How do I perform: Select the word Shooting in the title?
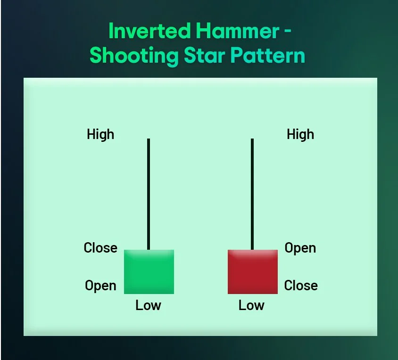(x=134, y=56)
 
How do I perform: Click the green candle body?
(x=149, y=272)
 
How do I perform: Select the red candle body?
(x=253, y=272)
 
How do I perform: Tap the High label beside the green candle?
(x=100, y=135)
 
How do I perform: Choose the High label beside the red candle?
(x=300, y=135)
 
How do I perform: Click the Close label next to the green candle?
(x=100, y=248)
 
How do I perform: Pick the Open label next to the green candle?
(x=100, y=286)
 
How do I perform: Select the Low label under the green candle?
(x=148, y=305)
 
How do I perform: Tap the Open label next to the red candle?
(x=300, y=248)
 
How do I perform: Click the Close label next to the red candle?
(x=301, y=286)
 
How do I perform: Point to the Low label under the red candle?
(x=251, y=305)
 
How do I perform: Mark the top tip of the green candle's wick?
(x=149, y=139)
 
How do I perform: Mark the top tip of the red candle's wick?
(x=252, y=139)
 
